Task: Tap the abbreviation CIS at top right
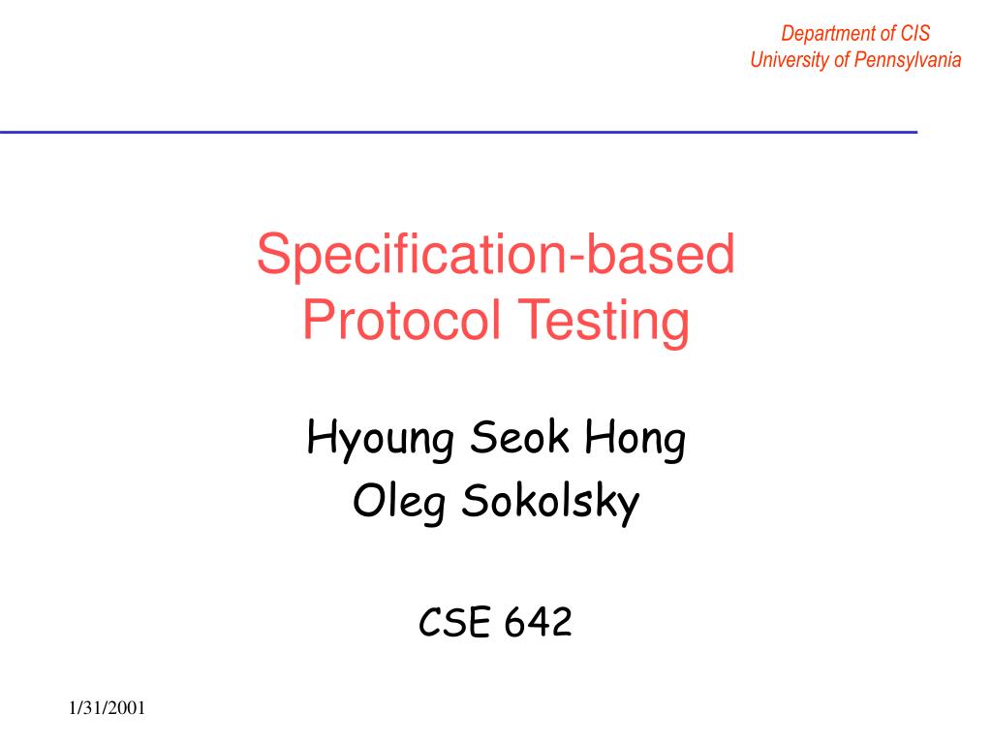[914, 34]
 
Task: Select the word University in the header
[789, 60]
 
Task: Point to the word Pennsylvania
[908, 60]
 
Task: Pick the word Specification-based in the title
[496, 256]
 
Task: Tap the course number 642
[538, 623]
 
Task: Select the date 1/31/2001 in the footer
[107, 709]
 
